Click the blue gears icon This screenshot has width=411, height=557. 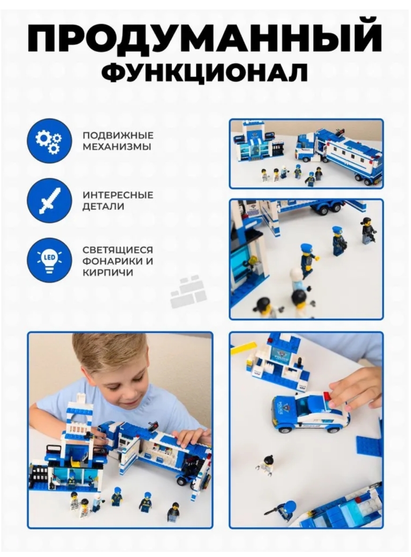click(x=49, y=141)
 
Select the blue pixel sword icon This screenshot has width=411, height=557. click(x=49, y=201)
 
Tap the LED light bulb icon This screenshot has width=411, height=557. click(x=49, y=260)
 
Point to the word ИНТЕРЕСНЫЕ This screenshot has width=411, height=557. click(x=118, y=195)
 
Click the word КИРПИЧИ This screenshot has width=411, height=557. click(x=108, y=273)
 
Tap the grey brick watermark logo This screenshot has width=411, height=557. click(x=189, y=291)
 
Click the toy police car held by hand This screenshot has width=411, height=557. click(x=310, y=412)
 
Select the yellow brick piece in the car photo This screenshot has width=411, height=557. click(x=244, y=348)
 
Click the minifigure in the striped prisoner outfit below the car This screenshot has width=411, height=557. click(x=264, y=465)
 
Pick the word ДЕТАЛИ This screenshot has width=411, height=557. click(x=104, y=206)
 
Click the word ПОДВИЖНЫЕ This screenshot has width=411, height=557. click(x=118, y=136)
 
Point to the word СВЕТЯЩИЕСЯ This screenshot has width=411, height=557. click(x=118, y=250)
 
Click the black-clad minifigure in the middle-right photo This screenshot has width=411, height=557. click(x=368, y=230)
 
